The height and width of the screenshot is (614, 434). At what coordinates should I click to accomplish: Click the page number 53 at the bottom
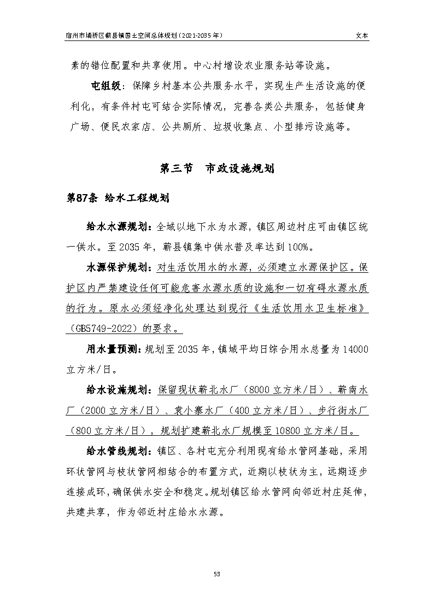click(216, 574)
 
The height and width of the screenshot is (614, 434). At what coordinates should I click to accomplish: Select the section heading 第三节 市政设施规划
click(216, 169)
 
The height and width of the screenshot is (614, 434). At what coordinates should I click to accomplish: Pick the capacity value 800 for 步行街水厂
click(80, 430)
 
